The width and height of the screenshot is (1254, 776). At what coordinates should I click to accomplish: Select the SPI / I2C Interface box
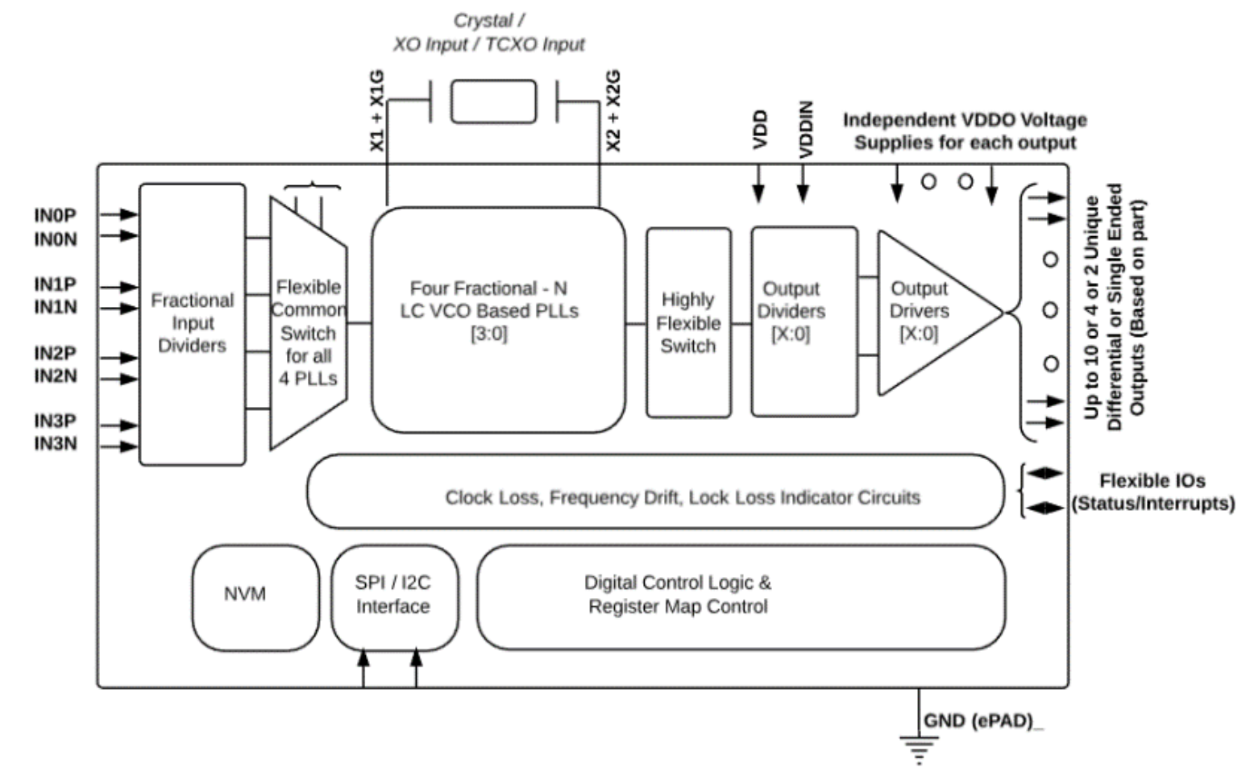393,597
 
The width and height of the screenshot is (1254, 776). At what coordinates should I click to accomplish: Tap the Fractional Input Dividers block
192,324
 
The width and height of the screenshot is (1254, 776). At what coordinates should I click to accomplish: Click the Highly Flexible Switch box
688,322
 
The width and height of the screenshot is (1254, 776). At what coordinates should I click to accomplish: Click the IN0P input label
55,215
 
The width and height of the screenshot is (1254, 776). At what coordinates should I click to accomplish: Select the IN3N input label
55,444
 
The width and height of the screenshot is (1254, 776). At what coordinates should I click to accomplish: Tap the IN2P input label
55,353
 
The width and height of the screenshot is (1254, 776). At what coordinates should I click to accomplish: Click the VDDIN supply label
805,129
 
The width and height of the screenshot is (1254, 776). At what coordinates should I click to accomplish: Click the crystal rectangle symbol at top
493,102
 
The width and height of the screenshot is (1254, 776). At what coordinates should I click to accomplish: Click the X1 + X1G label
377,111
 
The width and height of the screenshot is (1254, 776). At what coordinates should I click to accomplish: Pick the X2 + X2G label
613,111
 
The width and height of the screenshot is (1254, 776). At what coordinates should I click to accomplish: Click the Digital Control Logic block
741,596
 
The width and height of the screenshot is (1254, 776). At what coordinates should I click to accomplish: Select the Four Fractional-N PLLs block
497,320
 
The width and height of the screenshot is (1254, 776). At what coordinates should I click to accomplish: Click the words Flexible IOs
1152,481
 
